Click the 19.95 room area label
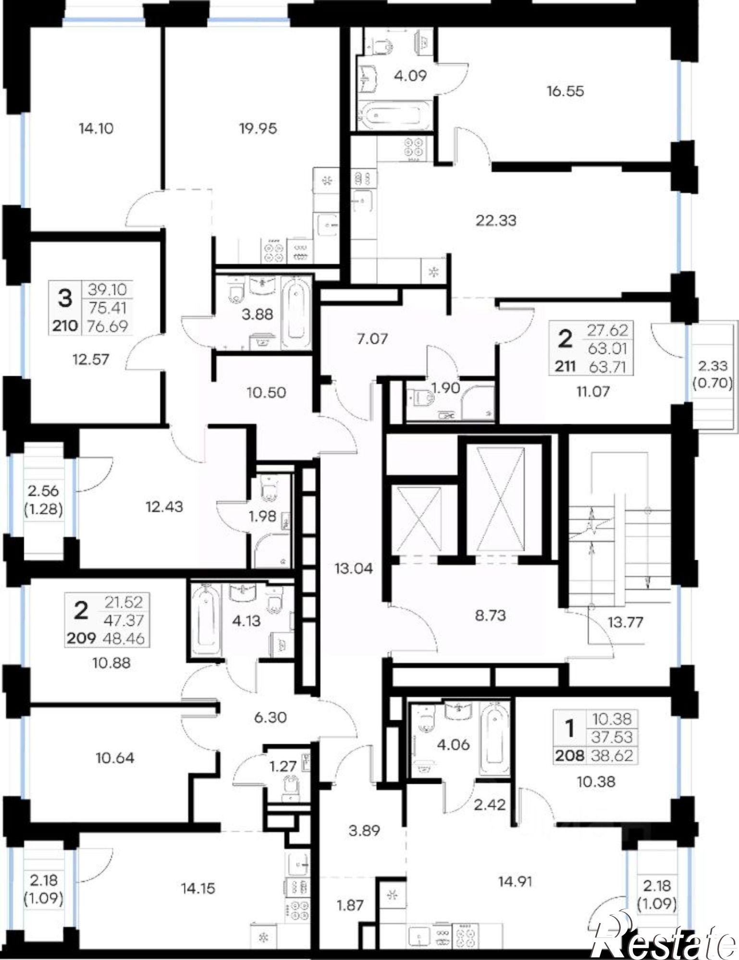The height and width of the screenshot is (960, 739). tap(258, 128)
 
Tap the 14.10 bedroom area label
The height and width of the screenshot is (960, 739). tap(97, 128)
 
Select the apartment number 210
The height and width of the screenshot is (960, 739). tap(65, 326)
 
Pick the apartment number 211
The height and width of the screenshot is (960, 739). tap(566, 367)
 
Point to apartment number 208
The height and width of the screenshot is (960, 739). tap(570, 756)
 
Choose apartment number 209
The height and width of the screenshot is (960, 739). tap(82, 638)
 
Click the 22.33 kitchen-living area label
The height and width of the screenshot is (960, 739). tap(496, 220)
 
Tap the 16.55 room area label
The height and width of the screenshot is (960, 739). tap(565, 91)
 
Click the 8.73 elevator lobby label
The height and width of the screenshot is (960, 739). tap(490, 615)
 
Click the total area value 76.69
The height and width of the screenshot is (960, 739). tap(108, 326)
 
